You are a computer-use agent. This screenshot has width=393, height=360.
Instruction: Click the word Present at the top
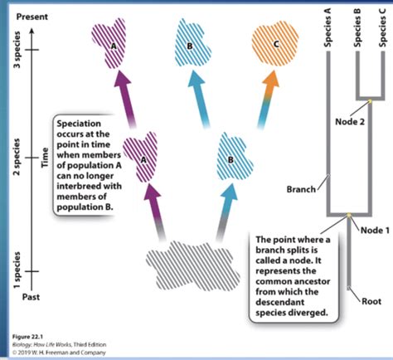coord(31,17)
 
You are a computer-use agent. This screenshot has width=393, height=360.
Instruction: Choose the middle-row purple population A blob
coord(141,153)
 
